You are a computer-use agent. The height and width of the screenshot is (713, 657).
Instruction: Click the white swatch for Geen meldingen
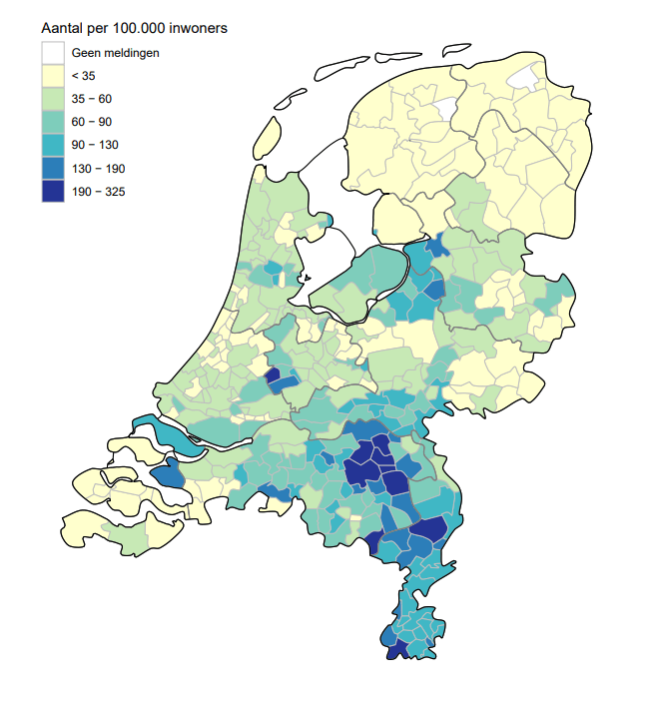[x=53, y=52]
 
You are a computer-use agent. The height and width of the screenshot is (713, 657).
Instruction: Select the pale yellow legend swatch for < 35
[x=53, y=75]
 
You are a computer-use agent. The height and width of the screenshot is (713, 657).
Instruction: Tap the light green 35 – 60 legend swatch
[x=53, y=98]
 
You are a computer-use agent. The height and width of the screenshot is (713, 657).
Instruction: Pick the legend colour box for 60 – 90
[x=53, y=121]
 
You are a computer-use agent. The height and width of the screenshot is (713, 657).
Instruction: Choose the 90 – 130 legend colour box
[x=53, y=145]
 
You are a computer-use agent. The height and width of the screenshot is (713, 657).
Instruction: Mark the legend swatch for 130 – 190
[x=53, y=168]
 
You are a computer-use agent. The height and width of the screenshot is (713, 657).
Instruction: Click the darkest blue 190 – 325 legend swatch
[x=53, y=191]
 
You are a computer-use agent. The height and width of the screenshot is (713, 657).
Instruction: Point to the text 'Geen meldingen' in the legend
[x=116, y=52]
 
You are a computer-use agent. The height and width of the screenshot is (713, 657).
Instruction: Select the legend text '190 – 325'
[x=99, y=192]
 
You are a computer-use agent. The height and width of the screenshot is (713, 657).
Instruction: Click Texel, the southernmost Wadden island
[x=267, y=138]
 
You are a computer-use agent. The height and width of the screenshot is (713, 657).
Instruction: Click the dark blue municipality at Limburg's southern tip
[x=396, y=650]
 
